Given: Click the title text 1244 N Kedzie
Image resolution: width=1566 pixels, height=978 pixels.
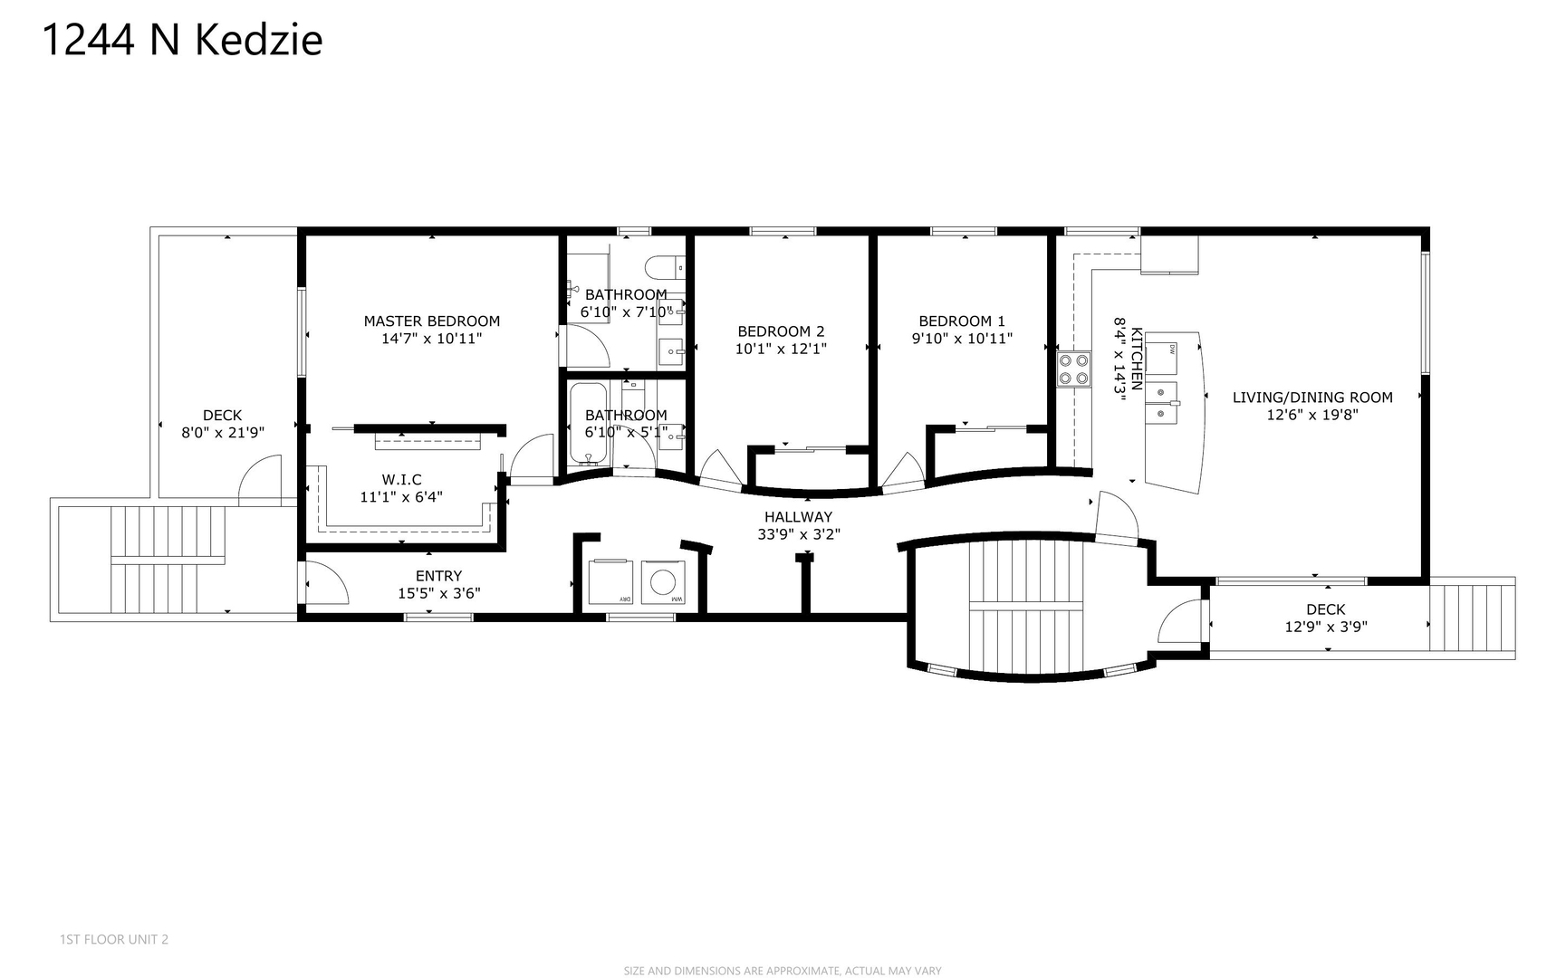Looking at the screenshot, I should pyautogui.click(x=182, y=41).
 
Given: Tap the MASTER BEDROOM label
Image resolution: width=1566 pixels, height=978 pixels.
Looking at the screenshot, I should pyautogui.click(x=431, y=321).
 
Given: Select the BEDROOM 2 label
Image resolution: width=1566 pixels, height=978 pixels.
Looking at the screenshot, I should pyautogui.click(x=781, y=331).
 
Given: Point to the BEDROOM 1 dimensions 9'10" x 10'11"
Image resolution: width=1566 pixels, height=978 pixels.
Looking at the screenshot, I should pyautogui.click(x=962, y=339).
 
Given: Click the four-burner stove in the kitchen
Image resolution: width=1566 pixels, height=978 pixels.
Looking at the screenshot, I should pyautogui.click(x=1073, y=369).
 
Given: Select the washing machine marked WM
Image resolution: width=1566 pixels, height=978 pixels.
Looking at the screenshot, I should pyautogui.click(x=665, y=582).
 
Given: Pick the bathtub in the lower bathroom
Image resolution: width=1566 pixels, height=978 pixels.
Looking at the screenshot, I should pyautogui.click(x=591, y=424).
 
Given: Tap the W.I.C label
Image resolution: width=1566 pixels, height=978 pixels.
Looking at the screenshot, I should pyautogui.click(x=401, y=480).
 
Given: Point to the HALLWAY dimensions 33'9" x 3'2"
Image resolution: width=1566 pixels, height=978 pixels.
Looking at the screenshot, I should pyautogui.click(x=799, y=534).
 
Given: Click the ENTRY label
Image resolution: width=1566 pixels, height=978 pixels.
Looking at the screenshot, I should pyautogui.click(x=438, y=576).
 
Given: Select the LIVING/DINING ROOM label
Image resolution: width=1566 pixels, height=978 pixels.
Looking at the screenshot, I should pyautogui.click(x=1312, y=398).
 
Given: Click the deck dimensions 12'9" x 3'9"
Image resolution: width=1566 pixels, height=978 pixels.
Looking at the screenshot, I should pyautogui.click(x=1326, y=627).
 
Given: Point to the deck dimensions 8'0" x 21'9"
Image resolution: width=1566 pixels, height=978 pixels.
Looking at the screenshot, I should pyautogui.click(x=223, y=433).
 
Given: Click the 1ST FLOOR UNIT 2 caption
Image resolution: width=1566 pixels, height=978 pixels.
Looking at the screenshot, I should pyautogui.click(x=114, y=939).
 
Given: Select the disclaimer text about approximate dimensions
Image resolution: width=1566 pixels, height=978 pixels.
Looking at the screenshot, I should pyautogui.click(x=783, y=971).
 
